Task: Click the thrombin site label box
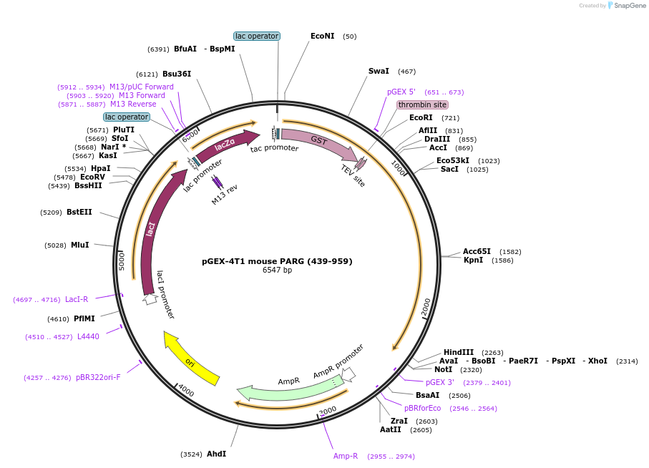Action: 422,104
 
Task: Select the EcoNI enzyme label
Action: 322,36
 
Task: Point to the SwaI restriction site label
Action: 379,71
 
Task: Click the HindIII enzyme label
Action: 459,352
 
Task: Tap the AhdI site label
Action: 216,454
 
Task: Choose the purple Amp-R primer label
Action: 346,456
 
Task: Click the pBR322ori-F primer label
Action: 98,377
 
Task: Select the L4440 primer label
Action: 88,336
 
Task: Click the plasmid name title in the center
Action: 277,261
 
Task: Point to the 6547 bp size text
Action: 277,270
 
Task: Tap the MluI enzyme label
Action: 79,245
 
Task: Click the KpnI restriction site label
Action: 473,260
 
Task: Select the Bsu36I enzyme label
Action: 177,74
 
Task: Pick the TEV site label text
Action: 353,176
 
